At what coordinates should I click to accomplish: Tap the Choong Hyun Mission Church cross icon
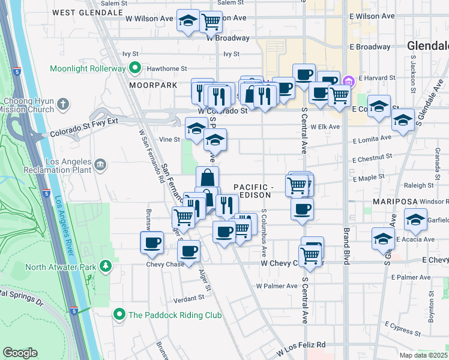(62, 106)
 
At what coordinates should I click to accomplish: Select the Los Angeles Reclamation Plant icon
(100, 163)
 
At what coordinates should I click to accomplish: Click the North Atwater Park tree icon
(106, 265)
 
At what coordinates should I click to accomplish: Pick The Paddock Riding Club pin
(119, 314)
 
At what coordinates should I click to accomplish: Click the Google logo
(20, 353)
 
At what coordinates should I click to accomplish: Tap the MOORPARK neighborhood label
(153, 85)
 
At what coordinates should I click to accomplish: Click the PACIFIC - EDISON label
(253, 191)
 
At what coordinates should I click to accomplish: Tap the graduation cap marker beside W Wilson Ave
(188, 20)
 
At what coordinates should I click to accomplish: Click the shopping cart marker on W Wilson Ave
(211, 22)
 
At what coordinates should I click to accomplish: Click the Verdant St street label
(185, 298)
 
